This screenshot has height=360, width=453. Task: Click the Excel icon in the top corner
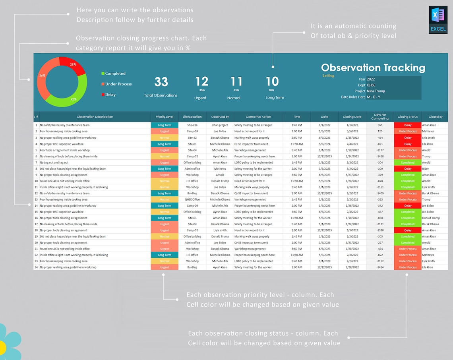(x=438, y=19)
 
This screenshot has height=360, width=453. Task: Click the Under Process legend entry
(x=118, y=84)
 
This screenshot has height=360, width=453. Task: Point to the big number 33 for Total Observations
(x=161, y=82)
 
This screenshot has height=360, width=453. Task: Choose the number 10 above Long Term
(x=272, y=82)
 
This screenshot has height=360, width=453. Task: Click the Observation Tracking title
(x=373, y=68)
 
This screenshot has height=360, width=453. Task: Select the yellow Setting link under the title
(x=328, y=76)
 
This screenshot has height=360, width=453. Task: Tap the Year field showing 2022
(x=393, y=79)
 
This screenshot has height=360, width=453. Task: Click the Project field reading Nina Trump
(x=393, y=91)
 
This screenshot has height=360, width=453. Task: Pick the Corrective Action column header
(x=258, y=117)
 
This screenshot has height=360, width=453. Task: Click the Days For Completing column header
(x=380, y=117)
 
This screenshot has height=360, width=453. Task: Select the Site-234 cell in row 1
(x=192, y=125)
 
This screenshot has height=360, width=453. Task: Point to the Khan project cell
(x=220, y=125)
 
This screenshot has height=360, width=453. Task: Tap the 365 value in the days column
(x=380, y=125)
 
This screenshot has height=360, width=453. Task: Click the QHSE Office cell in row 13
(x=192, y=199)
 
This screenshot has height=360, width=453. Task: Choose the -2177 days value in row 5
(x=380, y=150)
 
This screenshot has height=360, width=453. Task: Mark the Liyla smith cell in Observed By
(x=220, y=230)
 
